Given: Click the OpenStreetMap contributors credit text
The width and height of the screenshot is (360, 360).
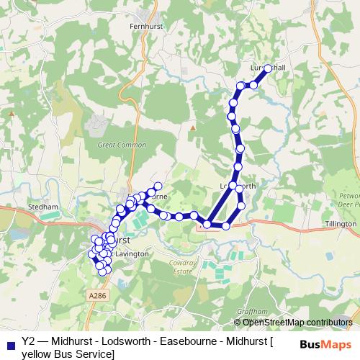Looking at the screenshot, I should coord(297,322).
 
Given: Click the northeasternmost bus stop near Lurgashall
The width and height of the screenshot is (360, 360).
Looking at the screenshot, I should coord(268,68).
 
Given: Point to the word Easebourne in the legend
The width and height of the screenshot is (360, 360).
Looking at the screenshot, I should coord(189,342).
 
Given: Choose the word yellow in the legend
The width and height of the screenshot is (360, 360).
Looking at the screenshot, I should coord(37,354).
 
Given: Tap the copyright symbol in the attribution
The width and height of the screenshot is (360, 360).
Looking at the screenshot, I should coord(238,322).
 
